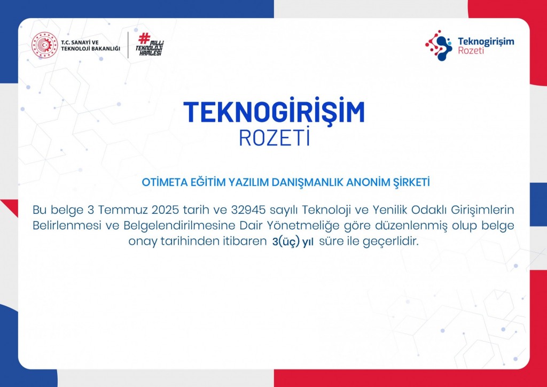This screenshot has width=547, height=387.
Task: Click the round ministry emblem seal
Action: [45, 45]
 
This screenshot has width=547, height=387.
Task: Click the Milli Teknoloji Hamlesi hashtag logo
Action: [150, 45]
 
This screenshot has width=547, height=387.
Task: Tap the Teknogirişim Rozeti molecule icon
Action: [439, 45]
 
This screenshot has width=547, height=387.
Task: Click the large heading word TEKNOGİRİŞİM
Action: [274, 111]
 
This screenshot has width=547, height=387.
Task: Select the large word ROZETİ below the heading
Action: [275, 137]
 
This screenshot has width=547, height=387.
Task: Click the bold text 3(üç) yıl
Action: [293, 242]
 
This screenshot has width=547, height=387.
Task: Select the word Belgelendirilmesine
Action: [179, 226]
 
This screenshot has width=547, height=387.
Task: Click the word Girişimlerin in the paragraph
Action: [482, 210]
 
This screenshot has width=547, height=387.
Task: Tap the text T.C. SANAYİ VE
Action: [80, 43]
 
